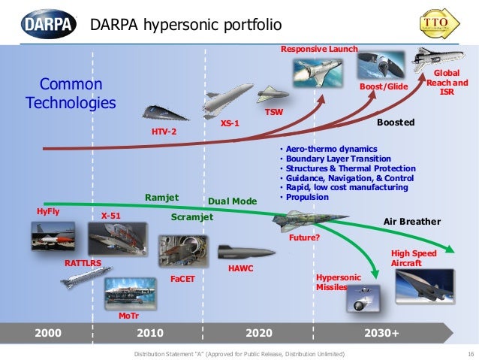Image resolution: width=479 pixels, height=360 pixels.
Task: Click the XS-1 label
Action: coord(230,123)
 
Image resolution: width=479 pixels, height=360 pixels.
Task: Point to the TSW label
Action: coord(274,112)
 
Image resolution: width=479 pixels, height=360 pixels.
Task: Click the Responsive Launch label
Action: coord(319,50)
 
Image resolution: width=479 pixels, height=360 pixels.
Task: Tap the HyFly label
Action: coord(48,212)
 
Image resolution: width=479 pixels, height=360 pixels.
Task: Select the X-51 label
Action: coord(111,216)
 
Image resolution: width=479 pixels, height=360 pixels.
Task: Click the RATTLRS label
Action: coord(83,265)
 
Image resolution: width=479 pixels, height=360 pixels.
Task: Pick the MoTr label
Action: coord(128,316)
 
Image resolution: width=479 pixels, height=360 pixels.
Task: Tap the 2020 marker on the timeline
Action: coord(260,332)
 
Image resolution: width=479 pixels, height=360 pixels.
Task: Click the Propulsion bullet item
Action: coord(306,197)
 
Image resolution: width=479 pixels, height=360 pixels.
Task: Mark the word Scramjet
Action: coord(193,217)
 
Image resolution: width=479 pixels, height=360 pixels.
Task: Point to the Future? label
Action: coord(305,237)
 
